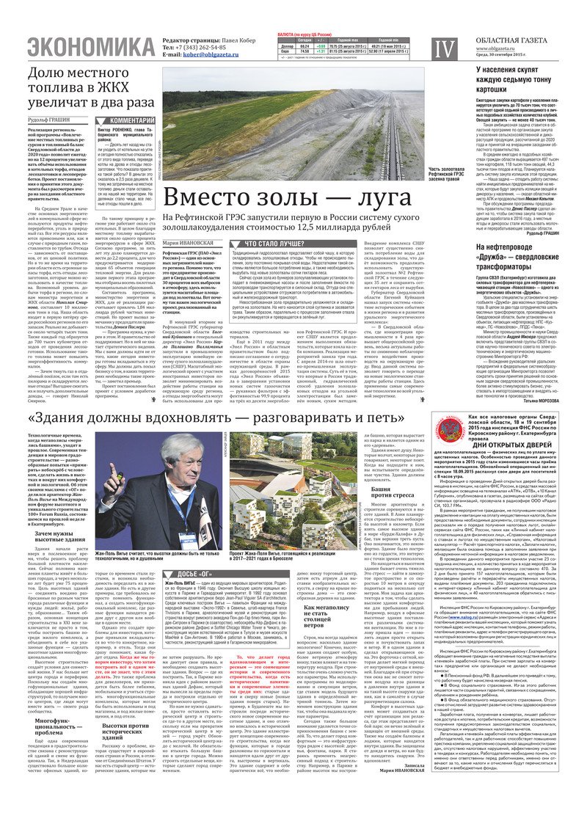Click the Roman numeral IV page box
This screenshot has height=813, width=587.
[445, 49]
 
